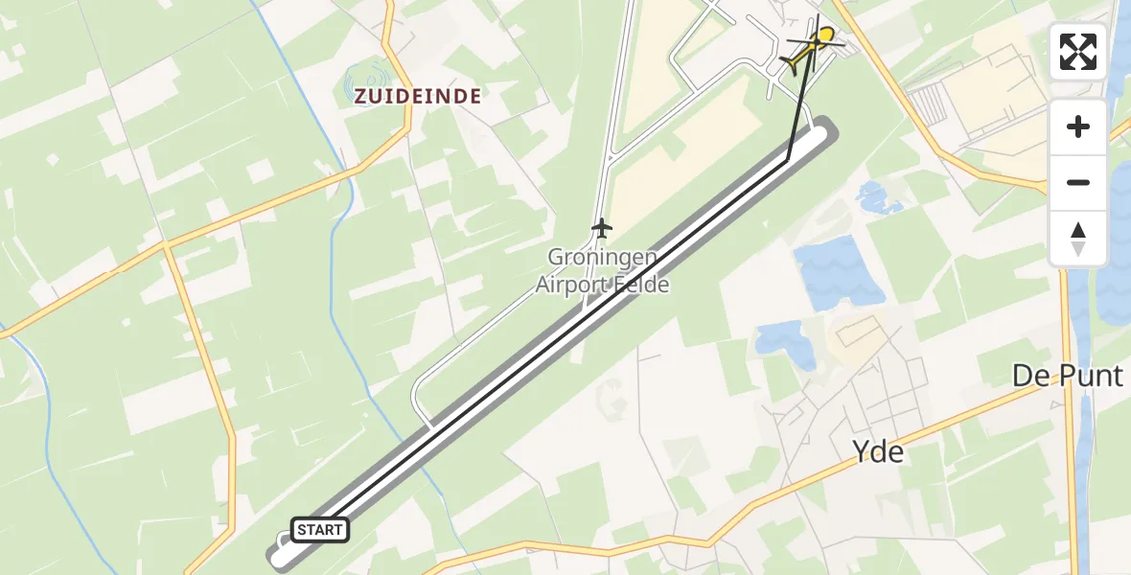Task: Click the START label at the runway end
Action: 319,530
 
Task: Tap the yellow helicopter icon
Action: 812,48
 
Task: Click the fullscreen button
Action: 1078,52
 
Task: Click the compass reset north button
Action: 1078,239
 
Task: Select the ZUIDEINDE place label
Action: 417,96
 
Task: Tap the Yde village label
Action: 878,451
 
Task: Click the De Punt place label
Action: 1067,377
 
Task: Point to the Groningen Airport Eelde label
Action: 602,270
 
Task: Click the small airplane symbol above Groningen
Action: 601,228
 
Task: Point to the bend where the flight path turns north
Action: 788,160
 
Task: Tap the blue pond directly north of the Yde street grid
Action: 781,339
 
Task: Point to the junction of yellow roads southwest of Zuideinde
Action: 166,245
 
